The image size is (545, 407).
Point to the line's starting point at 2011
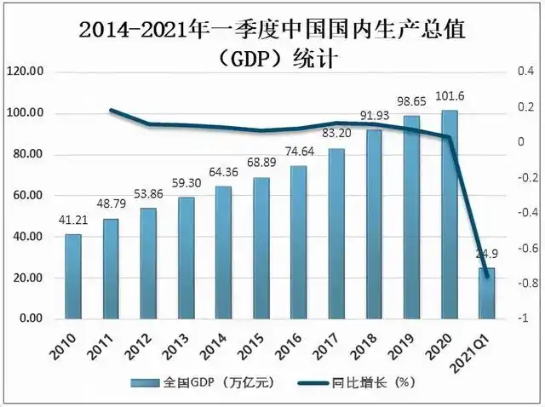[x=112, y=110]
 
